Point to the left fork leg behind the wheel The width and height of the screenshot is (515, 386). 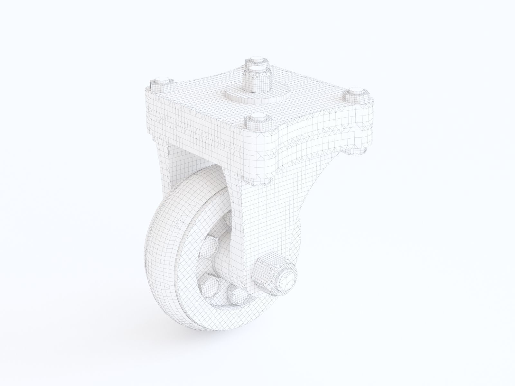(x=163, y=167)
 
